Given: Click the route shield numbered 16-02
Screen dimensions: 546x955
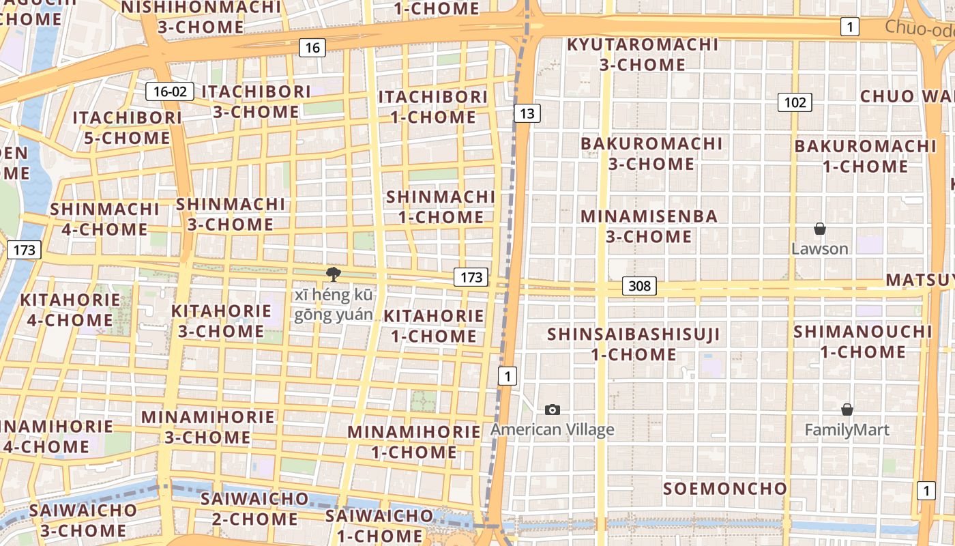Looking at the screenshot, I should pyautogui.click(x=169, y=91).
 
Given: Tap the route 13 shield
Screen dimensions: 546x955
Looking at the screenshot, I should pyautogui.click(x=526, y=113).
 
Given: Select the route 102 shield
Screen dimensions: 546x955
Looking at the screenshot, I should pyautogui.click(x=795, y=102).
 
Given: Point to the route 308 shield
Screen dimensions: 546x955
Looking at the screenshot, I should pyautogui.click(x=639, y=286).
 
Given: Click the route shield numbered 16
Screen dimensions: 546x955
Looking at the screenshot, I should pyautogui.click(x=312, y=48).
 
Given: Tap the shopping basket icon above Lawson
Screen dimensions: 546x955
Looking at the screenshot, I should pyautogui.click(x=819, y=229).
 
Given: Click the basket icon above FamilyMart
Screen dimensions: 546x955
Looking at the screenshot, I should pyautogui.click(x=847, y=409).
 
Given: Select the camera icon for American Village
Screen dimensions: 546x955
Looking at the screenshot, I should pyautogui.click(x=553, y=409).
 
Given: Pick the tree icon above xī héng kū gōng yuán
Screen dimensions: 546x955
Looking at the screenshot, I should pyautogui.click(x=333, y=274).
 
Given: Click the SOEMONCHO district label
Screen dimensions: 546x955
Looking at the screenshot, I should pyautogui.click(x=725, y=489).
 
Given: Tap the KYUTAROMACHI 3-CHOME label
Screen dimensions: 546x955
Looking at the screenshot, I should pyautogui.click(x=643, y=55).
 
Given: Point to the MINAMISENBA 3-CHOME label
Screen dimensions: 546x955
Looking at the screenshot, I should pyautogui.click(x=649, y=227).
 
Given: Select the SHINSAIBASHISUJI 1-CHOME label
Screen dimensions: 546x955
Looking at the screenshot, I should pyautogui.click(x=634, y=344).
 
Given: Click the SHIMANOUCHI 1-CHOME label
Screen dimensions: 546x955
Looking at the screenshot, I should pyautogui.click(x=862, y=341).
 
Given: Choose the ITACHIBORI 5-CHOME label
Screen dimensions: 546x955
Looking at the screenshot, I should pyautogui.click(x=128, y=128).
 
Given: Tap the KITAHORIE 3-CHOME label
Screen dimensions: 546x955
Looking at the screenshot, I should pyautogui.click(x=221, y=321).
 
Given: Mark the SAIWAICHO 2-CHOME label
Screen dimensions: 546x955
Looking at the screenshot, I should pyautogui.click(x=254, y=508).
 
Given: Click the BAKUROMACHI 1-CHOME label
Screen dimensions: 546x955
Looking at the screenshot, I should pyautogui.click(x=865, y=156).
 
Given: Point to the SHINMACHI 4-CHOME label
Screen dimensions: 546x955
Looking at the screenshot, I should pyautogui.click(x=104, y=219).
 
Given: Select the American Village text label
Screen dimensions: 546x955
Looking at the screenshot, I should pyautogui.click(x=553, y=429).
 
